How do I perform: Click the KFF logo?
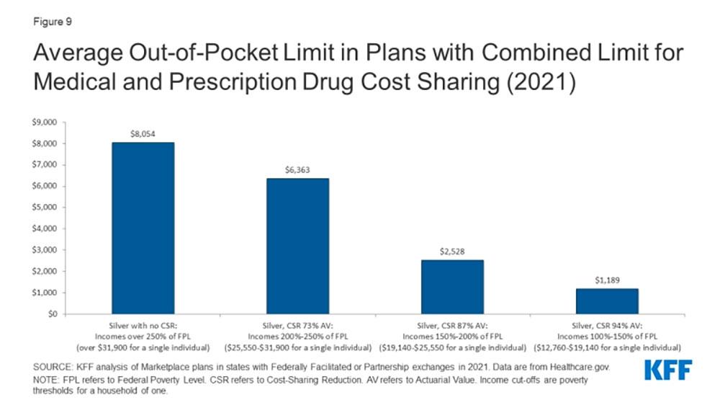coord(667,370)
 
